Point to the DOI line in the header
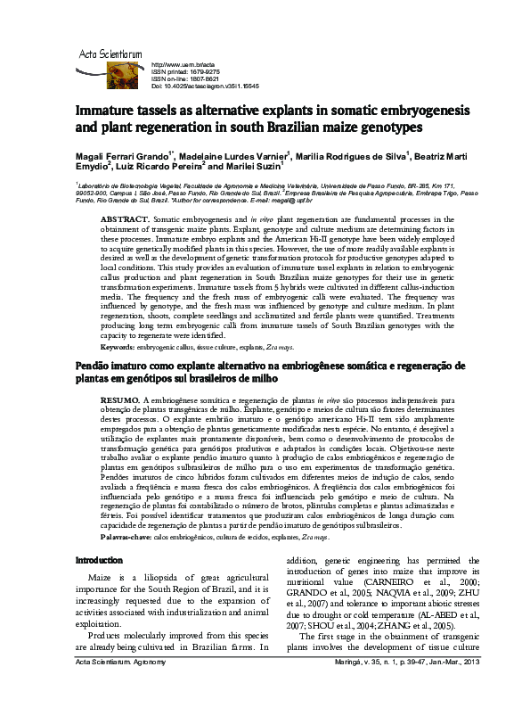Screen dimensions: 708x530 (x=206, y=87)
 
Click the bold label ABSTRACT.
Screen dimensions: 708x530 (x=124, y=218)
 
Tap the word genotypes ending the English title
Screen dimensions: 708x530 (x=375, y=130)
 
